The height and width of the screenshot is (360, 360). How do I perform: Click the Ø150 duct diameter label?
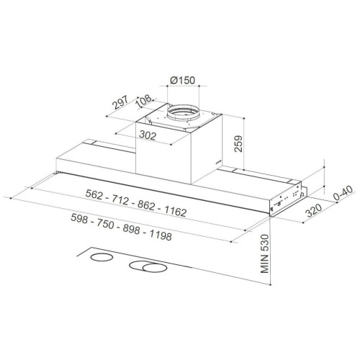[183, 81]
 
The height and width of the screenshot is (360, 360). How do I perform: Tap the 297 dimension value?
[121, 102]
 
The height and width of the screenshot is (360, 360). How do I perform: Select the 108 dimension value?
[144, 101]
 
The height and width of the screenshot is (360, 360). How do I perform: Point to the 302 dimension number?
[148, 135]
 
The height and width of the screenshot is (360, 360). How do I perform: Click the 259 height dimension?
[238, 143]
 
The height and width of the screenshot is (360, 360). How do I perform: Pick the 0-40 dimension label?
[343, 194]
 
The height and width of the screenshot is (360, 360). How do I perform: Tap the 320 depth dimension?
[314, 210]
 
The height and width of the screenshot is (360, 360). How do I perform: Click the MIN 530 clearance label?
[264, 253]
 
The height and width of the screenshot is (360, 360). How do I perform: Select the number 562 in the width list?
[94, 194]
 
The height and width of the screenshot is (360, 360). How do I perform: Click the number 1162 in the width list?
[176, 211]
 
